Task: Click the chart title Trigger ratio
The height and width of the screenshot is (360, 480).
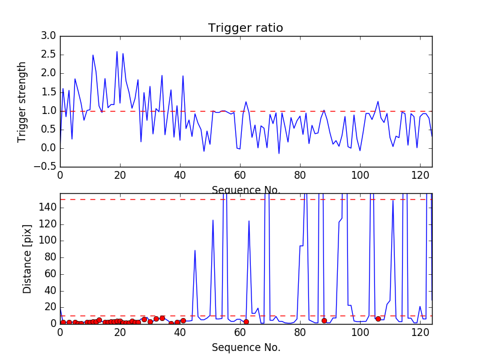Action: (x=245, y=28)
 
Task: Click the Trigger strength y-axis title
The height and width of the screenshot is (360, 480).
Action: (x=22, y=102)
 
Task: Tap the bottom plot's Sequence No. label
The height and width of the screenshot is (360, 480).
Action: (x=245, y=347)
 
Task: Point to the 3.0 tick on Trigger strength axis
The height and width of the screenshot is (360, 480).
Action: (x=49, y=36)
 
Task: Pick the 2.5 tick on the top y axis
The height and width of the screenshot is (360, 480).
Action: (x=49, y=55)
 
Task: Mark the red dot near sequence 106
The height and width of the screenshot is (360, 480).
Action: (x=378, y=319)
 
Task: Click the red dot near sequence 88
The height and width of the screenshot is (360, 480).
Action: (x=324, y=320)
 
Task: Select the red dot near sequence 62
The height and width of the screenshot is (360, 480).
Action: (x=246, y=322)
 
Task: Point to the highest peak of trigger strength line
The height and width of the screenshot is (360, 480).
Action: (x=117, y=52)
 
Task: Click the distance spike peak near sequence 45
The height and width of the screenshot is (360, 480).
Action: (x=195, y=250)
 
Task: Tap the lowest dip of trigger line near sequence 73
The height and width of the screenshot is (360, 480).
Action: (x=279, y=154)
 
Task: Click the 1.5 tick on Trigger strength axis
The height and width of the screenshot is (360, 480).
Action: (x=49, y=92)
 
